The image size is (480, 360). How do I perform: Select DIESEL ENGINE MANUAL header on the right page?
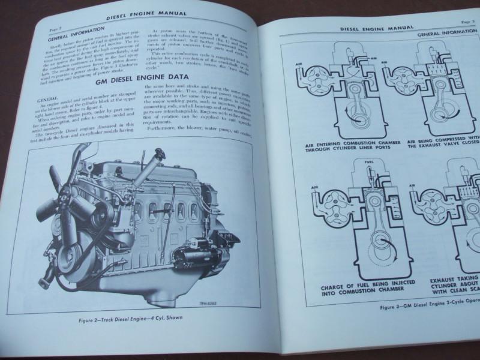tap(377, 28)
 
